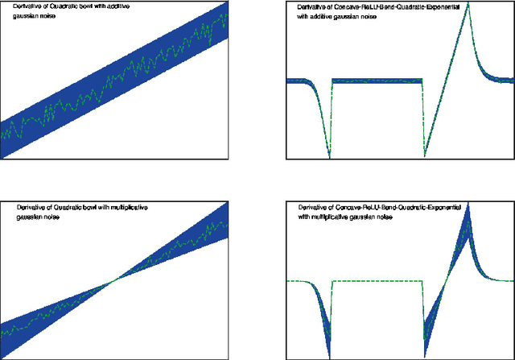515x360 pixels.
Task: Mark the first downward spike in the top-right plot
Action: pos(329,156)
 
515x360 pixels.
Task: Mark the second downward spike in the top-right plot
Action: pos(424,156)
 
